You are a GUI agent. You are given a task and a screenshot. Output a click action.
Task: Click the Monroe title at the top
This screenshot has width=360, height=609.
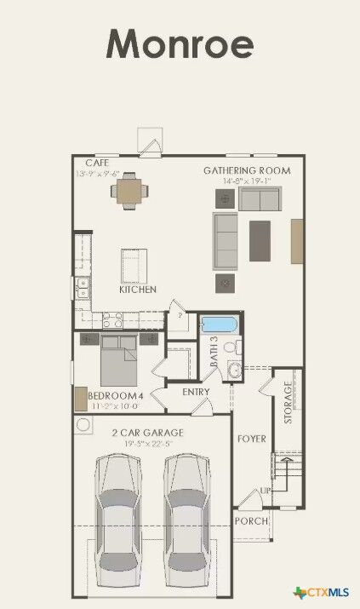180,43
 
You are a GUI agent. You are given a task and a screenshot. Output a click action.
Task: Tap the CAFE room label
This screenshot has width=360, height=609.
96,163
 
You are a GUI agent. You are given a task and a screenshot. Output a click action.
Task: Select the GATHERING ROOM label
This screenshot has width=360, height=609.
246,170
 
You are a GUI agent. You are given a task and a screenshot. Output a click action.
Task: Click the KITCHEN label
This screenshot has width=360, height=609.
137,290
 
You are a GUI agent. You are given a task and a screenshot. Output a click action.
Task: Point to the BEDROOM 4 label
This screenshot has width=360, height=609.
116,396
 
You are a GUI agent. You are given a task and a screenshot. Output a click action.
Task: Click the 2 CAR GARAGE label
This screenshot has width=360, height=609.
147,433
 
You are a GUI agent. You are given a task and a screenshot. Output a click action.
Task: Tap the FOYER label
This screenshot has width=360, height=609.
252,439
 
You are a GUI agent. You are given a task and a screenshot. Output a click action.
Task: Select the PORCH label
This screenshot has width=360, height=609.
251,520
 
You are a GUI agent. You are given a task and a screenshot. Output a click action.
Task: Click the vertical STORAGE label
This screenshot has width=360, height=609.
288,401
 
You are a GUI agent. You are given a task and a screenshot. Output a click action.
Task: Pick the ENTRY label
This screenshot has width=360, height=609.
196,392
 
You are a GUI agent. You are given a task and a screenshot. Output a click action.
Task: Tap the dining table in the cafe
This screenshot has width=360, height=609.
128,191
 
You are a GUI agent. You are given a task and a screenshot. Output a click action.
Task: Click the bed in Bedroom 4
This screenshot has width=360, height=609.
119,361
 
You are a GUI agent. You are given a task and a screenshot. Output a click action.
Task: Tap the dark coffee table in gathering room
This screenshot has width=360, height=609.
259,241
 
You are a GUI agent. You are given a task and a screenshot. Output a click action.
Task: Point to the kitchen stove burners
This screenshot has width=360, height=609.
113,319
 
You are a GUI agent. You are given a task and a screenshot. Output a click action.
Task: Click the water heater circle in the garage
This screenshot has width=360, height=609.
84,424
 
